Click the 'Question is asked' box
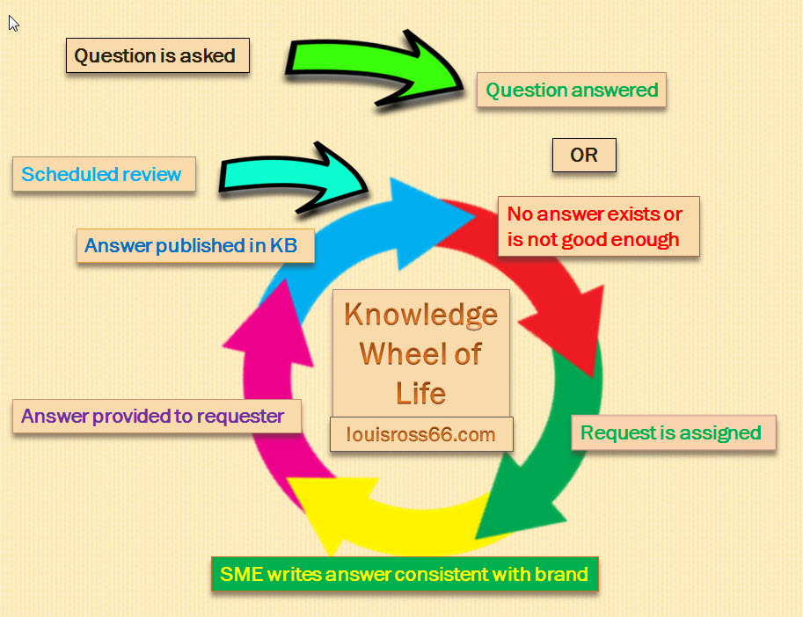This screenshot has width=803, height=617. click(157, 55)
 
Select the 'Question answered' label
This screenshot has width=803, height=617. click(572, 90)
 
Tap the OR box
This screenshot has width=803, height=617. click(584, 155)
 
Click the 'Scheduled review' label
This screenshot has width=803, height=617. click(104, 174)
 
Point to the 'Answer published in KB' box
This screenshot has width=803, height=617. click(195, 245)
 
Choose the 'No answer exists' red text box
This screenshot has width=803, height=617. click(599, 226)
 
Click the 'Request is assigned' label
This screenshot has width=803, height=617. click(674, 432)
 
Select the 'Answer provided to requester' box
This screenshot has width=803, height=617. click(157, 417)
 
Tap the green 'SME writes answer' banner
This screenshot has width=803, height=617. click(405, 574)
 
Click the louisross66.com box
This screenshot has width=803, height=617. click(421, 434)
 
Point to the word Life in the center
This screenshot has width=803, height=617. click(421, 393)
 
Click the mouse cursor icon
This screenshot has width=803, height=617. click(13, 23)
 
